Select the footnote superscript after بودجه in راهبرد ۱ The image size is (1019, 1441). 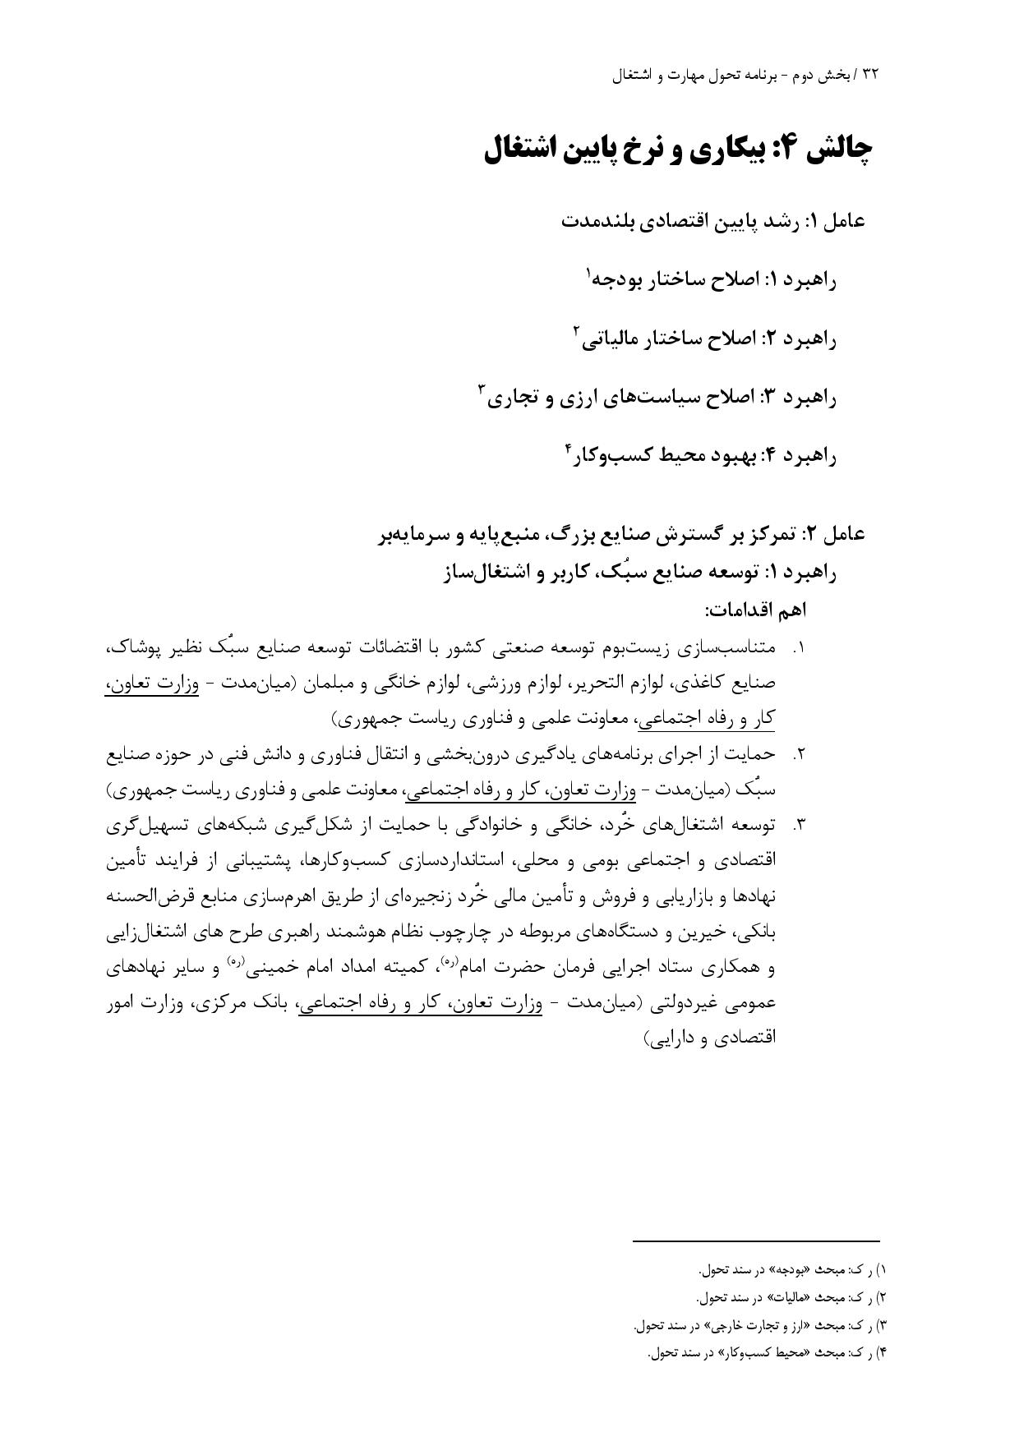[x=588, y=271]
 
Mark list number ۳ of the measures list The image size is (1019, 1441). [x=797, y=825]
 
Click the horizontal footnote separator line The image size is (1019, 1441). [x=756, y=1241]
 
